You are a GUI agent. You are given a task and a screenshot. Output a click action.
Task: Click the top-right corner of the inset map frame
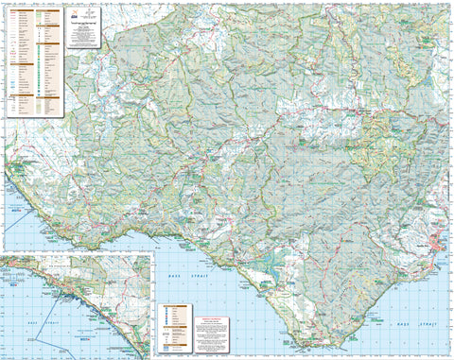tap(152, 253)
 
